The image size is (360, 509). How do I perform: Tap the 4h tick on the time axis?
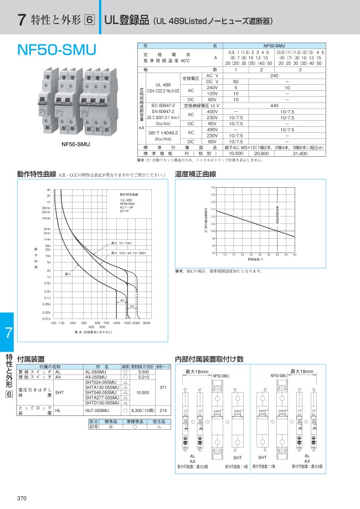[49, 190]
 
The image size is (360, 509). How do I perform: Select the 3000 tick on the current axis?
[146, 322]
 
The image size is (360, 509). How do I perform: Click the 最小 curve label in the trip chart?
[69, 274]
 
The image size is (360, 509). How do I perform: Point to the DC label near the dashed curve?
[132, 306]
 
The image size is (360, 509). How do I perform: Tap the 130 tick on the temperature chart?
[213, 188]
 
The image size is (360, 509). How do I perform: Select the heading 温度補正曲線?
[195, 173]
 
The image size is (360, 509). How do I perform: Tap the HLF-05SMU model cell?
[101, 411]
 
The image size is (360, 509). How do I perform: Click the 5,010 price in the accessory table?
[144, 377]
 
